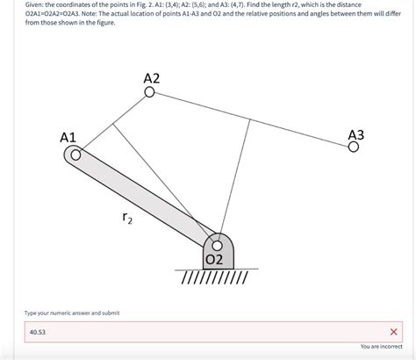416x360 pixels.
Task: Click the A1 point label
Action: (68, 137)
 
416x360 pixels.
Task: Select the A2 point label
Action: (151, 78)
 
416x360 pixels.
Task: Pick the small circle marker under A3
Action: (353, 148)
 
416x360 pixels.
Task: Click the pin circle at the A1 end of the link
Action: (76, 156)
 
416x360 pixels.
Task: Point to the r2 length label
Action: (127, 217)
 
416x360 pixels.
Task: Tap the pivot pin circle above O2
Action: (217, 245)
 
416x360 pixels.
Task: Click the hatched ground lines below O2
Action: (214, 278)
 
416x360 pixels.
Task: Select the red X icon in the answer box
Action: (393, 332)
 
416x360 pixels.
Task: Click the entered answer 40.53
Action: (38, 333)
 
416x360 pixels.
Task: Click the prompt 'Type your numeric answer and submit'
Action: (72, 313)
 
